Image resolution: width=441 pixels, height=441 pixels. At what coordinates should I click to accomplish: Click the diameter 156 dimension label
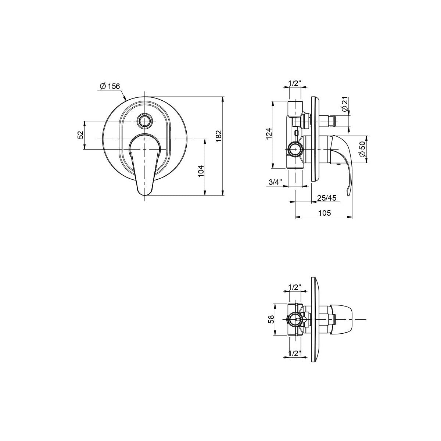pos(110,86)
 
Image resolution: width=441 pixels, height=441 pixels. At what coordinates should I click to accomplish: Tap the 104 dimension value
pos(201,171)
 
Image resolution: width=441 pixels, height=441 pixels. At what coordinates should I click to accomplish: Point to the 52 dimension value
pos(80,135)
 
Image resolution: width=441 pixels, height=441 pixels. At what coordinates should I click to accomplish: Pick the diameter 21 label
pos(344,104)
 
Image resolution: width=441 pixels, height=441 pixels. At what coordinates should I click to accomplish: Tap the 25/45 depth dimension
pos(327,198)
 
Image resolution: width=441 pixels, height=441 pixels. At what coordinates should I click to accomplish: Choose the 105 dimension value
pos(325,213)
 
